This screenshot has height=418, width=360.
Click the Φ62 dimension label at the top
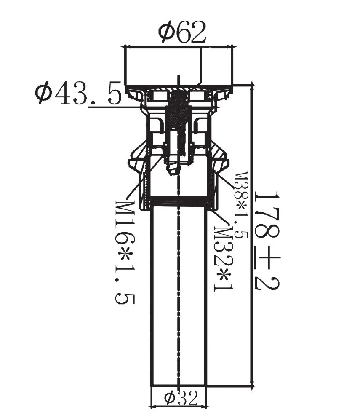tap(182, 32)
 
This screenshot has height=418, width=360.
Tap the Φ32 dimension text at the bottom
tap(181, 398)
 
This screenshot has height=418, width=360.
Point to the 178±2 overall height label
tap(267, 241)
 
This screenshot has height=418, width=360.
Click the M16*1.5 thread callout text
tap(125, 253)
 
